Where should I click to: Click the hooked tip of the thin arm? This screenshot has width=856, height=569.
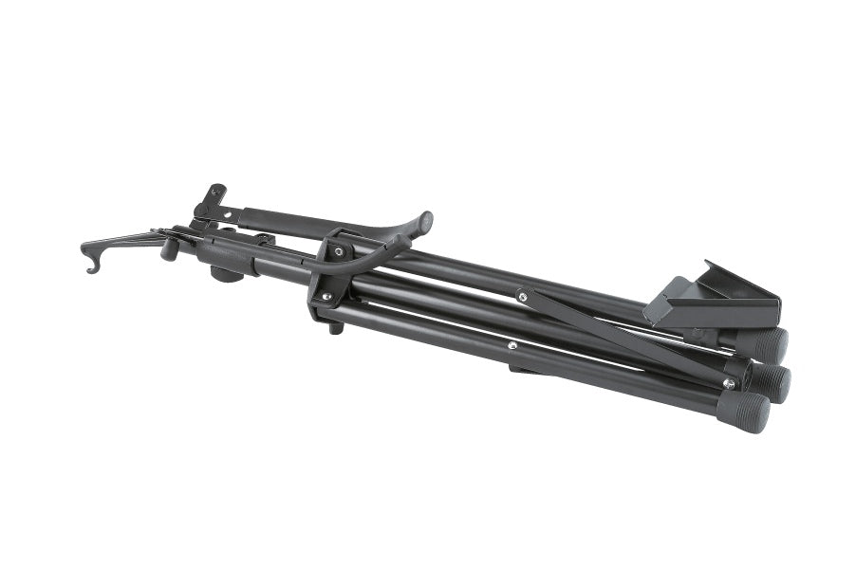click(x=90, y=266)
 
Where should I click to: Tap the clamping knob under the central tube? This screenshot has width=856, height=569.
click(x=225, y=273)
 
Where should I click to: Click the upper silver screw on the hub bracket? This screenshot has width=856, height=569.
click(x=337, y=252)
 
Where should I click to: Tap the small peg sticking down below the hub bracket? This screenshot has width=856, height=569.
click(x=335, y=328)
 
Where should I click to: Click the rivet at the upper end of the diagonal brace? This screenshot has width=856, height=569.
click(x=522, y=297)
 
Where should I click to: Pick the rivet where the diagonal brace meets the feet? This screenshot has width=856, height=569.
click(x=728, y=382)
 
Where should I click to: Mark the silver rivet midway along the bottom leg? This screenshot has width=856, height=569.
click(x=512, y=346)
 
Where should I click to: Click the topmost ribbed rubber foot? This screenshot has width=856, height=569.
click(x=771, y=344)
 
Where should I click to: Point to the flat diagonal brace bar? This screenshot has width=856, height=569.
click(x=626, y=340)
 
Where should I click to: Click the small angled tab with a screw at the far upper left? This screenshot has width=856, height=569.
click(x=214, y=196)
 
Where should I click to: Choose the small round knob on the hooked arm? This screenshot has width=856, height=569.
click(x=170, y=249)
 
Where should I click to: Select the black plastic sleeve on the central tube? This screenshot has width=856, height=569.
click(x=228, y=254)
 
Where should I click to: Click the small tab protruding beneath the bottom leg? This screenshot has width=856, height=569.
click(x=522, y=369)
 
